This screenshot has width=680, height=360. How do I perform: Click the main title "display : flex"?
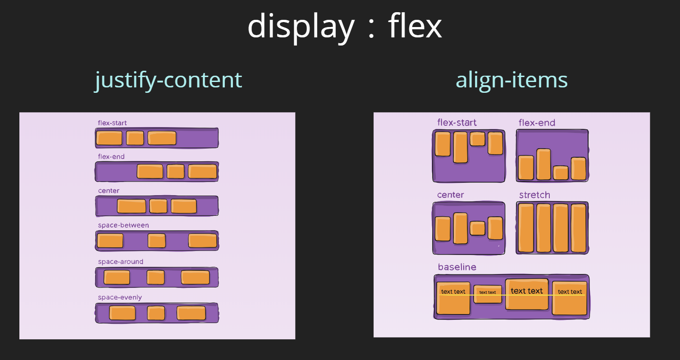[344, 27]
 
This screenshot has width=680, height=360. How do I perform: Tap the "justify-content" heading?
[168, 80]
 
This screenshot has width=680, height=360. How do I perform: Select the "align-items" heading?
[511, 80]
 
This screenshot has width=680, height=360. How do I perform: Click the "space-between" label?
[123, 225]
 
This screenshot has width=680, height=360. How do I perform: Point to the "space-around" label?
[120, 262]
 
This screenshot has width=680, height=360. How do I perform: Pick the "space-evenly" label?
[119, 297]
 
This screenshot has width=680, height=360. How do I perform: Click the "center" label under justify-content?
[109, 191]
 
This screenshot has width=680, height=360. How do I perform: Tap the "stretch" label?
[534, 195]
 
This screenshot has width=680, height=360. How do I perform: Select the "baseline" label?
[457, 267]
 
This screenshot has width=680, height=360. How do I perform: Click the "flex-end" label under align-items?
[537, 123]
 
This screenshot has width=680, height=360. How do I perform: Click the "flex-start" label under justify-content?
[112, 123]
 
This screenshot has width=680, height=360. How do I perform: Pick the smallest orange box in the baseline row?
[488, 294]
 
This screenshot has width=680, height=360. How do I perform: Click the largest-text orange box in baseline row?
[526, 294]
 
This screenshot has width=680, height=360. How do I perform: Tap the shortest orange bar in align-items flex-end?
[561, 173]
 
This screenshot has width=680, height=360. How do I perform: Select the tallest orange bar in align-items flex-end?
[543, 164]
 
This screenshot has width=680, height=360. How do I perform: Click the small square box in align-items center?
[477, 228]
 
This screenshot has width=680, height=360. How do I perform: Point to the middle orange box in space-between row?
[156, 241]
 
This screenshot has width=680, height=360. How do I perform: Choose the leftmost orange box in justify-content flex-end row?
[150, 172]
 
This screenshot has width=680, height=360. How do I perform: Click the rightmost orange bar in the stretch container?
[578, 228]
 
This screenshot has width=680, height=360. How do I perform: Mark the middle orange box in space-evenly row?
[156, 313]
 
